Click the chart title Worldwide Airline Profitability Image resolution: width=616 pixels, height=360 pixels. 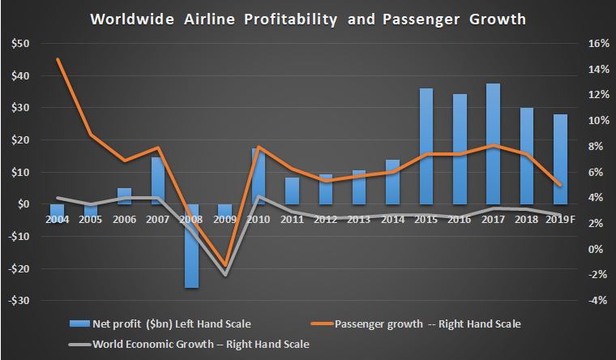[307, 17]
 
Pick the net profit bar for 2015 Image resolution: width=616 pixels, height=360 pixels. [426, 146]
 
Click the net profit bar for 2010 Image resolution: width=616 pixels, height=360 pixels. [259, 176]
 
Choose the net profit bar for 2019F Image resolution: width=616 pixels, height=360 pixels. [560, 159]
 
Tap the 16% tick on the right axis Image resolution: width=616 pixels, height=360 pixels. [590, 44]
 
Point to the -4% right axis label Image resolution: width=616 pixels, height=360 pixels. [591, 301]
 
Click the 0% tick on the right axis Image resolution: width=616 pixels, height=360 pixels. [592, 249]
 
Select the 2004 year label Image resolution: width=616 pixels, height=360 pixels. [58, 220]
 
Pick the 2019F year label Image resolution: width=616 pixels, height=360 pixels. [561, 220]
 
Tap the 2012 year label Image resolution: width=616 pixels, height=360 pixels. [325, 220]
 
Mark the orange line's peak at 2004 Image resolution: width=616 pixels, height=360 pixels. [58, 59]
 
